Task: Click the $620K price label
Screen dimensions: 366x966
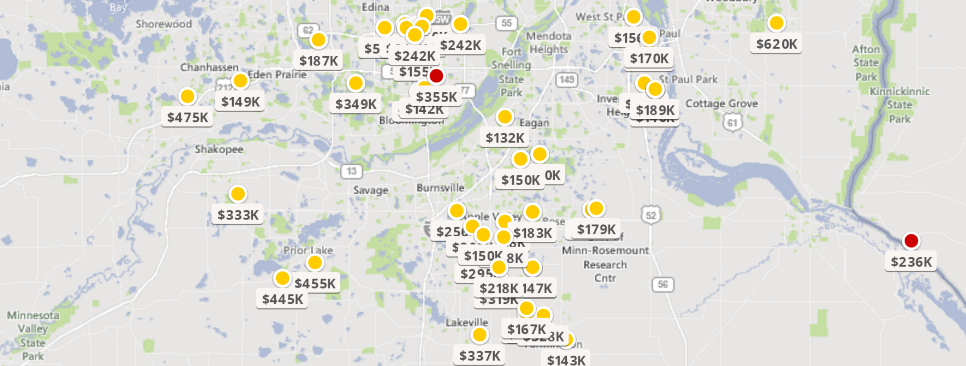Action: (776, 44)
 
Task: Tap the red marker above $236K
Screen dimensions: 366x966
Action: (911, 241)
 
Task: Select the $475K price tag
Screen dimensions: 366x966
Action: (187, 117)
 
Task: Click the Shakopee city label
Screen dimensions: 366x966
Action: (219, 149)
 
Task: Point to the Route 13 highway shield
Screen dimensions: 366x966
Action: (351, 171)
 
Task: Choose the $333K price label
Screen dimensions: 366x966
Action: (238, 215)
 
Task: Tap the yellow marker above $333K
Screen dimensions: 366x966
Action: (238, 194)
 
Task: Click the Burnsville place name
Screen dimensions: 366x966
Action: (440, 188)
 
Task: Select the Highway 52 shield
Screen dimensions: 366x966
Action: (651, 215)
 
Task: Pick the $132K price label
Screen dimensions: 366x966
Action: (505, 138)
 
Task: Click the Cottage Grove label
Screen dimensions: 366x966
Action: (721, 104)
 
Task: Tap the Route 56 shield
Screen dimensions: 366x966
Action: (663, 284)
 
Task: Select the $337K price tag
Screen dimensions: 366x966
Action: (480, 356)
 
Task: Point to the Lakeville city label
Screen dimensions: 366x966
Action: (467, 322)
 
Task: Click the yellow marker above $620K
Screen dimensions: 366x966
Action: (776, 23)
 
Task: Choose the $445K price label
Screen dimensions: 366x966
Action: (282, 299)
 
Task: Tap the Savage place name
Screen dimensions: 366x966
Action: (371, 190)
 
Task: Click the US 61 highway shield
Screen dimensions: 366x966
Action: (732, 123)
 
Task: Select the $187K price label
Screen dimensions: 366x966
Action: (318, 61)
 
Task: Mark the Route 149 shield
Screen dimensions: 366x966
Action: (566, 80)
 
